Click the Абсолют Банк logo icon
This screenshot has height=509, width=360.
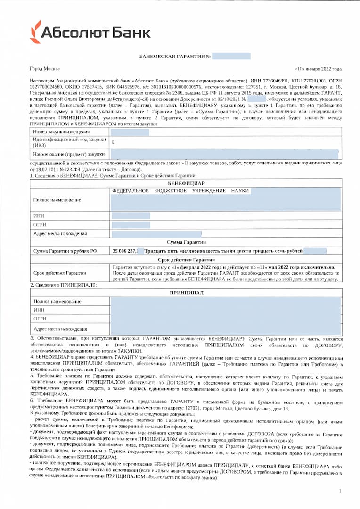tap(35, 32)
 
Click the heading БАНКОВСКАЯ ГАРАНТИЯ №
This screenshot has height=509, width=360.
tap(175, 57)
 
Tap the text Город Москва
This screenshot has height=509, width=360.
tap(43, 68)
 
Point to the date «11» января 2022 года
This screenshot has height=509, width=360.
tap(317, 68)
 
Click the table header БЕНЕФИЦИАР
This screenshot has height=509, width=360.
tap(186, 183)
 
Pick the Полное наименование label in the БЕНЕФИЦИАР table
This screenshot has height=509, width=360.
tap(57, 200)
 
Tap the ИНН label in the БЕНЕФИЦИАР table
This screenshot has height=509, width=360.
tap(39, 216)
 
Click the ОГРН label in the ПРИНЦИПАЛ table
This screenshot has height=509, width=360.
tap(40, 320)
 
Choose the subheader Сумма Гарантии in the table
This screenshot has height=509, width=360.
tap(186, 242)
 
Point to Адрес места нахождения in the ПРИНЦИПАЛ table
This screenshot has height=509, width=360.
tap(60, 329)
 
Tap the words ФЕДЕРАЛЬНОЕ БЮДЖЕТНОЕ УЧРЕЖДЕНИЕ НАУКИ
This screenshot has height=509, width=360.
tap(180, 191)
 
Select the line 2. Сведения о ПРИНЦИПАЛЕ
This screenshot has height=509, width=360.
tap(63, 285)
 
